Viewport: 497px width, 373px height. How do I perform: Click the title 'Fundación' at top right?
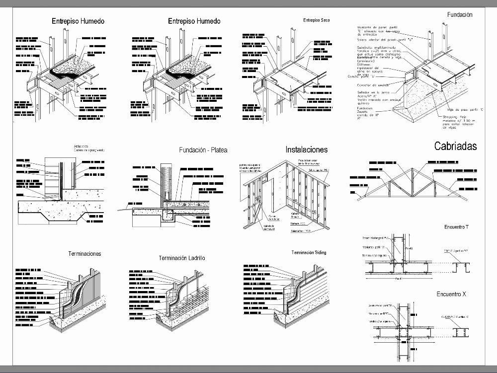[459, 15]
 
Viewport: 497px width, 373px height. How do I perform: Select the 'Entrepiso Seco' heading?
[316, 20]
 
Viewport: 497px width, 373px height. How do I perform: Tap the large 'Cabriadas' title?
[455, 146]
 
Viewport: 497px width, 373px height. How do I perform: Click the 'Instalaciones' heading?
[306, 149]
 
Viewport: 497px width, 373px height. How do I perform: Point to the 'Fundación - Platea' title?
[199, 150]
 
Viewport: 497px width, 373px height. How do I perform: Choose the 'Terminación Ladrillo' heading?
[182, 258]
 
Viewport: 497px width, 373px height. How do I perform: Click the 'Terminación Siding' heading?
[309, 253]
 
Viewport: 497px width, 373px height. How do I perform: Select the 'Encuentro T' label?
[456, 227]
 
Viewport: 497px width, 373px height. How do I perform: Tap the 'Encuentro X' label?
[451, 295]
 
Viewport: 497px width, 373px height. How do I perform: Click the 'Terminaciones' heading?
[84, 254]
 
